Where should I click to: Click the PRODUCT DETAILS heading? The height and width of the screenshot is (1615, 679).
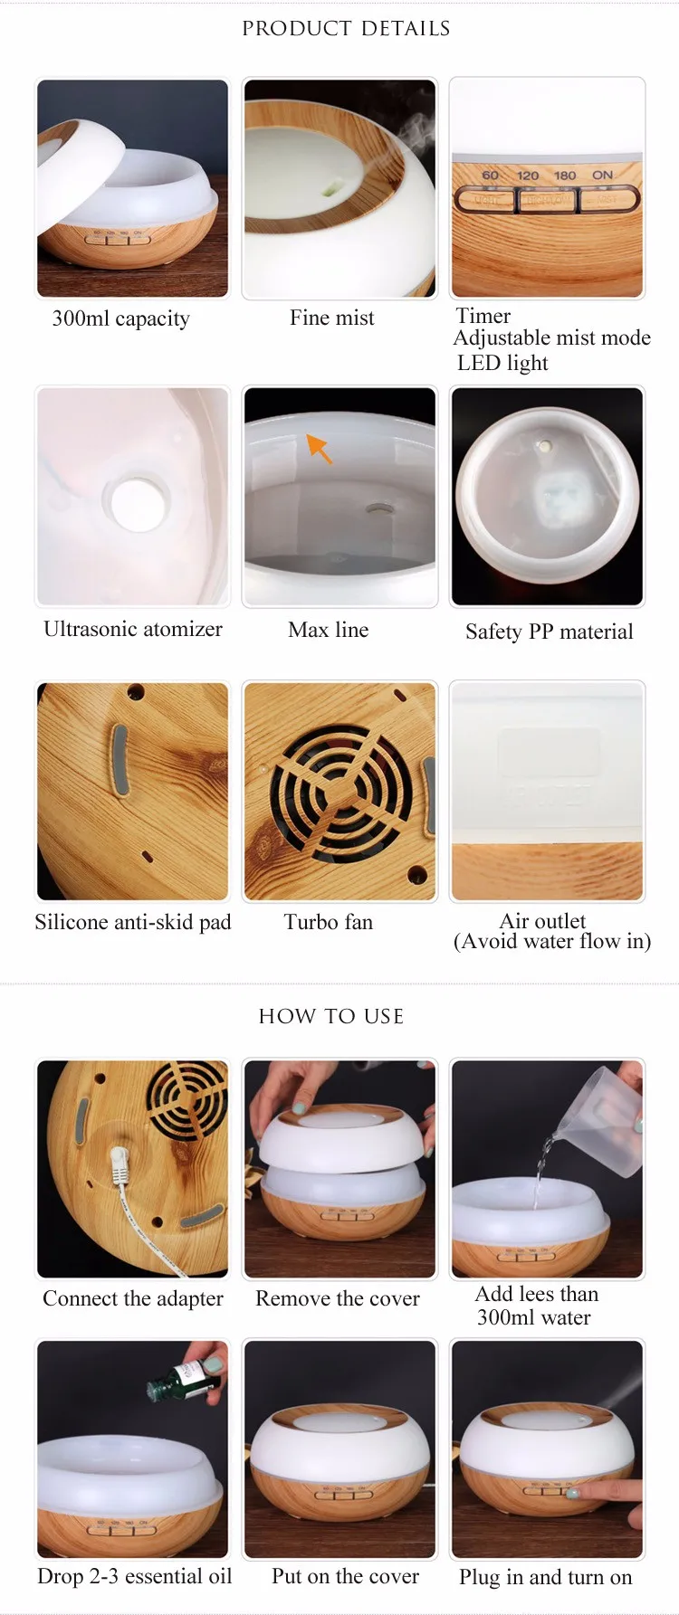coord(346,29)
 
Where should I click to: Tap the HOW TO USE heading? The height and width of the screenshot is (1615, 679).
coord(331,1016)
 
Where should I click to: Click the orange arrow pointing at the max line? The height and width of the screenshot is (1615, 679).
coord(320,448)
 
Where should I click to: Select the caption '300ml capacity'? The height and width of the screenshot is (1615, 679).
coord(121,318)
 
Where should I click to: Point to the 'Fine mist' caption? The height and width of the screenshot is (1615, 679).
coord(331,318)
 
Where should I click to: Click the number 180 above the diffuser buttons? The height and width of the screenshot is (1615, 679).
coord(565,176)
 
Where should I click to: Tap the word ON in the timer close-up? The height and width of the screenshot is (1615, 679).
coord(602,175)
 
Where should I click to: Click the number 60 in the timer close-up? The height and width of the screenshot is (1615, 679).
coord(490,176)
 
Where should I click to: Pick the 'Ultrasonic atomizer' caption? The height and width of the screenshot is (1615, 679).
coord(133,629)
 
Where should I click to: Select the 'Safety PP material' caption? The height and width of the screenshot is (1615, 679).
coord(550,632)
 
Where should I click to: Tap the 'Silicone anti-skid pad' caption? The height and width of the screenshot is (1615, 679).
coord(133,922)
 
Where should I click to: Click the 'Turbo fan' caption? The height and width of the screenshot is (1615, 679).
coord(329,922)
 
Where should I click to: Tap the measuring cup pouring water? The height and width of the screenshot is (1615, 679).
coord(600,1119)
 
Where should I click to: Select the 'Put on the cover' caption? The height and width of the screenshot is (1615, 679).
coord(345,1576)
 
